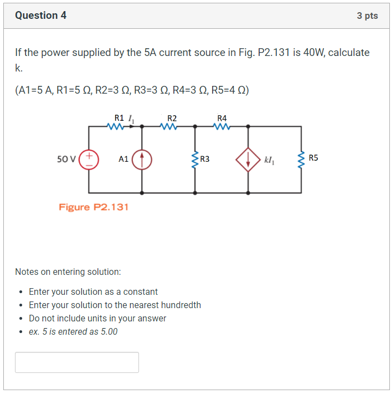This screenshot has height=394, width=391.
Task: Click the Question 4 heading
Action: click(x=41, y=16)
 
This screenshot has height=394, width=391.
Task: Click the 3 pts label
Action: click(x=367, y=16)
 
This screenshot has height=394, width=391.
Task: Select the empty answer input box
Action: click(x=77, y=362)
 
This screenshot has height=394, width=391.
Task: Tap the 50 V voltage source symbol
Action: click(x=89, y=159)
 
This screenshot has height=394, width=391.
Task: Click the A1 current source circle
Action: click(x=142, y=159)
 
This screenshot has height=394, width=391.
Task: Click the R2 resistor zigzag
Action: click(x=170, y=126)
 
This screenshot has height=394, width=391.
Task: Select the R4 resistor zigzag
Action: click(x=222, y=126)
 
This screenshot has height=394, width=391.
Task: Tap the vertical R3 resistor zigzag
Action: click(x=194, y=160)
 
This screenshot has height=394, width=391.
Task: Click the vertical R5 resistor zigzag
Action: click(x=301, y=160)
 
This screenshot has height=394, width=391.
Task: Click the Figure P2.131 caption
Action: click(x=94, y=207)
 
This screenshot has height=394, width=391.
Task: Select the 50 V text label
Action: click(x=66, y=159)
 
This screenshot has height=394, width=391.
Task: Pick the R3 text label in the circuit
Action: click(x=205, y=160)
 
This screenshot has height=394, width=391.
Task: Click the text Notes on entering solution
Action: click(x=68, y=272)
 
